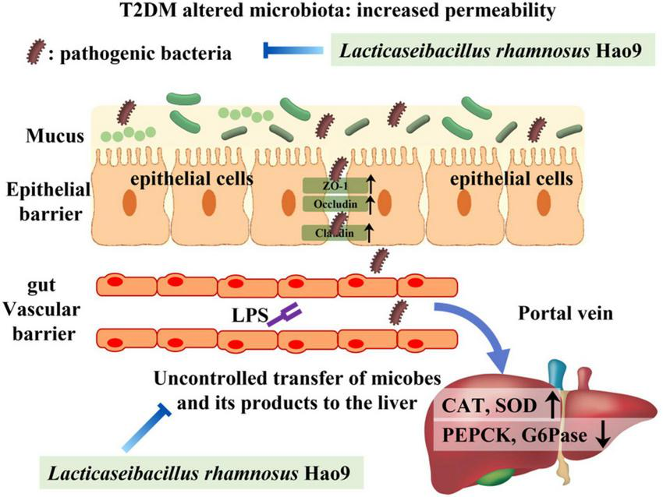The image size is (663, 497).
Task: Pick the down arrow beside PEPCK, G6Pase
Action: [x=602, y=436]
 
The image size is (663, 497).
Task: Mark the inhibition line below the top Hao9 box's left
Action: [x=292, y=51]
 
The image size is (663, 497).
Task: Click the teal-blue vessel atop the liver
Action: [x=555, y=375]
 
